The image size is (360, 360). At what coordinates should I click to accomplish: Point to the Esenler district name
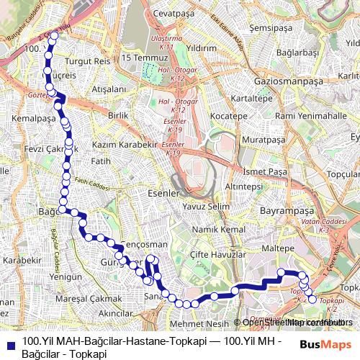tap(143, 194)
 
